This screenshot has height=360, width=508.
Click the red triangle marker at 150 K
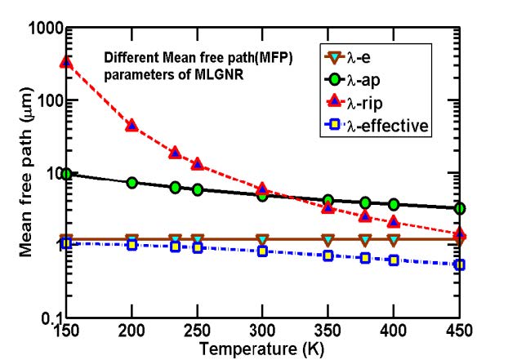66,62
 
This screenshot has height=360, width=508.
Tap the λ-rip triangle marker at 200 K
131,125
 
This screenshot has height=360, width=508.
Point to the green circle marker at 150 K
66,174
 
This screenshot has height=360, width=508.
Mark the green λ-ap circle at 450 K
460,208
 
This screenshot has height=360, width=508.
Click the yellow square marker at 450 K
460,264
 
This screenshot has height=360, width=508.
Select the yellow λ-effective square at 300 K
262,251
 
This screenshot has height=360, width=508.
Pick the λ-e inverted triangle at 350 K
328,239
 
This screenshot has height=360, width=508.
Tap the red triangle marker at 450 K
460,234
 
